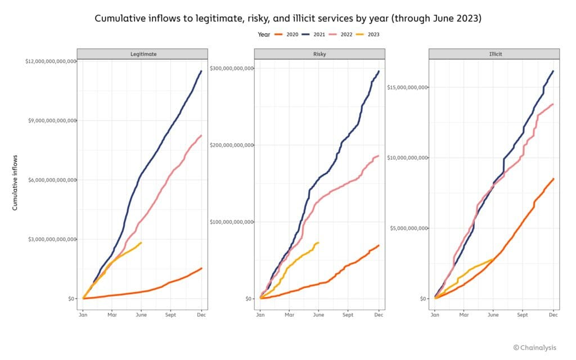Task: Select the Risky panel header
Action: [319, 54]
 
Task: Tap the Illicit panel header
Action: [494, 54]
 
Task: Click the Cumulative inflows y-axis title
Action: [15, 182]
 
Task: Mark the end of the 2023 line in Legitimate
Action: [141, 242]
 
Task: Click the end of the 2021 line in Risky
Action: [379, 71]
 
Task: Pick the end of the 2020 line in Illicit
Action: [553, 179]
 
